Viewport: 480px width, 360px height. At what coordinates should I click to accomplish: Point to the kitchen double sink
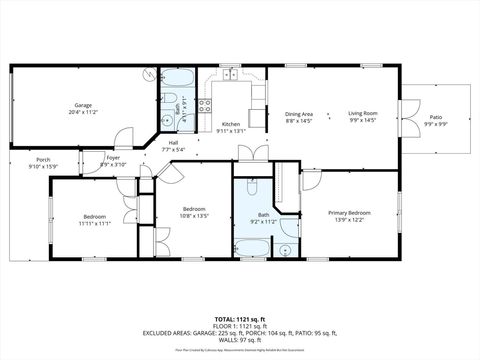pos(231,73)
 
